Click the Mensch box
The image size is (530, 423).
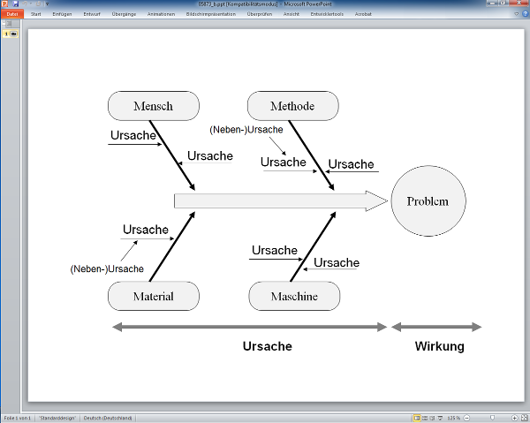click(x=153, y=107)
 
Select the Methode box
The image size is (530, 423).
click(x=292, y=107)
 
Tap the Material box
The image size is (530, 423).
click(x=153, y=296)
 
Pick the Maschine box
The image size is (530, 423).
click(x=294, y=296)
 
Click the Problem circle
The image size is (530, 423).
click(x=428, y=201)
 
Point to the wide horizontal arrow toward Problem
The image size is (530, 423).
click(x=274, y=201)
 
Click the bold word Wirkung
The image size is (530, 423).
click(x=439, y=346)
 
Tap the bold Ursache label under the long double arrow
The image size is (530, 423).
click(x=267, y=346)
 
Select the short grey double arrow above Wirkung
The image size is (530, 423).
click(x=436, y=327)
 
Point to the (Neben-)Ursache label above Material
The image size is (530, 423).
click(x=107, y=268)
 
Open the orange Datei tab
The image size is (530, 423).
click(x=12, y=14)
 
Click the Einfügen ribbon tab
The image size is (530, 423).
click(x=62, y=14)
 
